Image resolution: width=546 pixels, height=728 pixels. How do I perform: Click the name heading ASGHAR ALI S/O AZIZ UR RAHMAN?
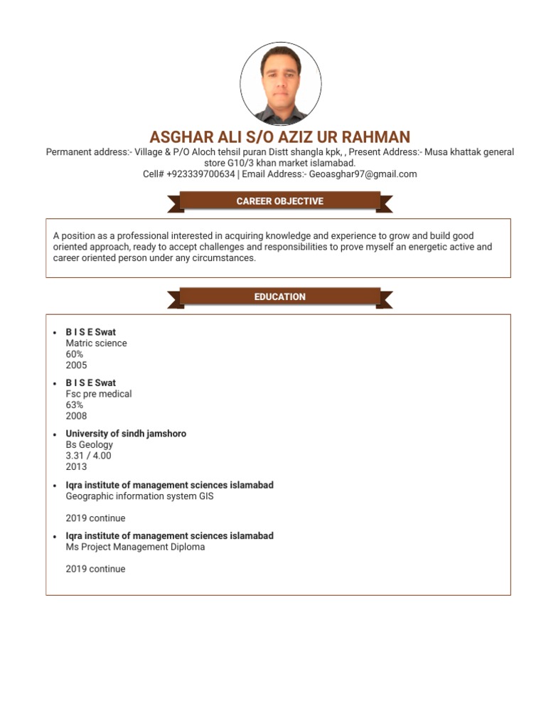280,137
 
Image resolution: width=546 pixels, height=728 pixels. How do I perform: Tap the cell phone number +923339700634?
200,174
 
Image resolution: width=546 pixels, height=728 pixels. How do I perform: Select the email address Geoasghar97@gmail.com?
363,174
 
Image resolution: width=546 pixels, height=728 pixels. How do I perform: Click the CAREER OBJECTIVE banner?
280,201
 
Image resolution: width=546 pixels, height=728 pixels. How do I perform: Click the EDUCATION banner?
280,296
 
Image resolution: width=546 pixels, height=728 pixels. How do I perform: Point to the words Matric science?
96,343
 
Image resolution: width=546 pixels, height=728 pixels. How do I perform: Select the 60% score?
75,354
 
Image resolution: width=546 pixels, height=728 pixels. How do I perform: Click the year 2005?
76,365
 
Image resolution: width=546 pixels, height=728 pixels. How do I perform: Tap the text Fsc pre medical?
99,394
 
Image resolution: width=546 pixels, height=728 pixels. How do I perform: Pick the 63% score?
75,405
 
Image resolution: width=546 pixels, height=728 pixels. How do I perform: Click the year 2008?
76,416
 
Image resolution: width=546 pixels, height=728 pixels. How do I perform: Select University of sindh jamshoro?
126,434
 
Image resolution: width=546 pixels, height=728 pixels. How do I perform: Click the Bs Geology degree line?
89,445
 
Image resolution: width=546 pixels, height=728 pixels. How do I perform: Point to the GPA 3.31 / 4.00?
88,456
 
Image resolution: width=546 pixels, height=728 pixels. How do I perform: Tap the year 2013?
76,467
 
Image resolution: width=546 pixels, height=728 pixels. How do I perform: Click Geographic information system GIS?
139,496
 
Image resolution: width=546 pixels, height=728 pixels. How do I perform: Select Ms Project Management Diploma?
135,547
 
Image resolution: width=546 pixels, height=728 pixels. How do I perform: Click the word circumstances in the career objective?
223,258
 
